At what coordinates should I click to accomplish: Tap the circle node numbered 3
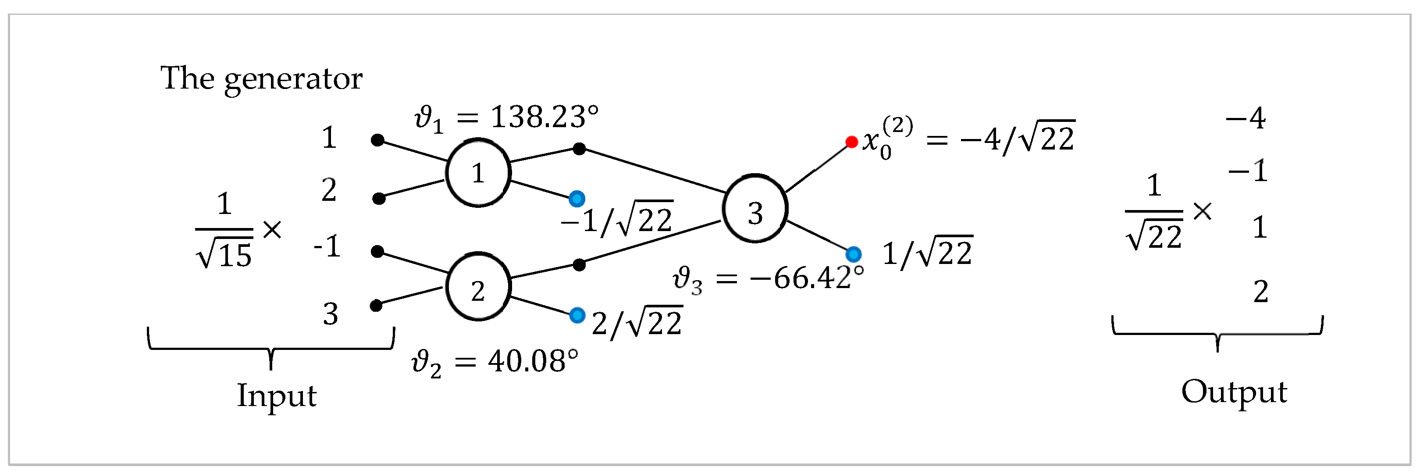tap(754, 209)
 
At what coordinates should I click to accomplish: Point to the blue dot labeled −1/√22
tap(577, 199)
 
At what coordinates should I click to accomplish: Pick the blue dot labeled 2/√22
tap(577, 315)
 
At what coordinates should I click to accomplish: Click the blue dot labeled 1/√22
tap(853, 254)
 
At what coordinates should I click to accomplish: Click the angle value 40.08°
tap(533, 362)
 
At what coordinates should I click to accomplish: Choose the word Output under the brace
tap(1234, 392)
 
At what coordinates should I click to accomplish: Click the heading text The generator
tap(261, 78)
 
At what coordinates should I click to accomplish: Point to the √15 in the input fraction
tap(224, 255)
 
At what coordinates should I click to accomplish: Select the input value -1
tap(327, 246)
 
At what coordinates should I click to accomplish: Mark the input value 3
tap(330, 314)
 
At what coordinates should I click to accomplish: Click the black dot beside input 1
tap(377, 140)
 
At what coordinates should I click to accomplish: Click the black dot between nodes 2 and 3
tap(579, 265)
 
